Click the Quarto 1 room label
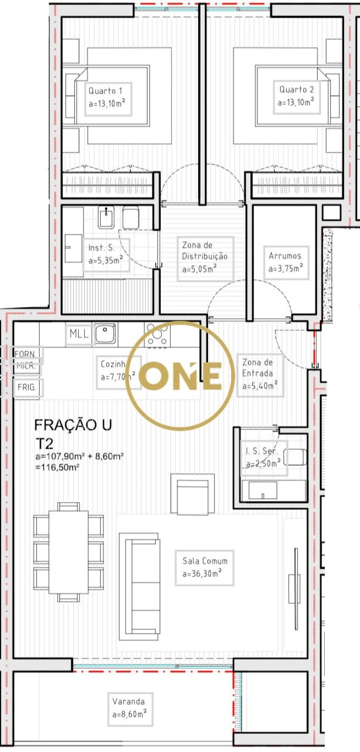pos(105,91)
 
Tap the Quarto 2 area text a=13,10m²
pos(296,102)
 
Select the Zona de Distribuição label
pos(204,251)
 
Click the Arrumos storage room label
pos(285,256)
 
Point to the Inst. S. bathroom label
pos(101,248)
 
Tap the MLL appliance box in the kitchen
pos(79,334)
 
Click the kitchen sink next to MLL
pos(105,334)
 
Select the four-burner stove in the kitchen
pos(158,335)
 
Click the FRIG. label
pos(27,387)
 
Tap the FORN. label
pos(25,354)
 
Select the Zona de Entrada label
pos(258,368)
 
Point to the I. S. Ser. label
pos(261,451)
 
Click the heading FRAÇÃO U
pos(73,425)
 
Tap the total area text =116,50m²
pos(58,467)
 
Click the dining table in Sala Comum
pos(68,552)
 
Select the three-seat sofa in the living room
pos(139,586)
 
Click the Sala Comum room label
pos(205,561)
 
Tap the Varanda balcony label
pos(128,701)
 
